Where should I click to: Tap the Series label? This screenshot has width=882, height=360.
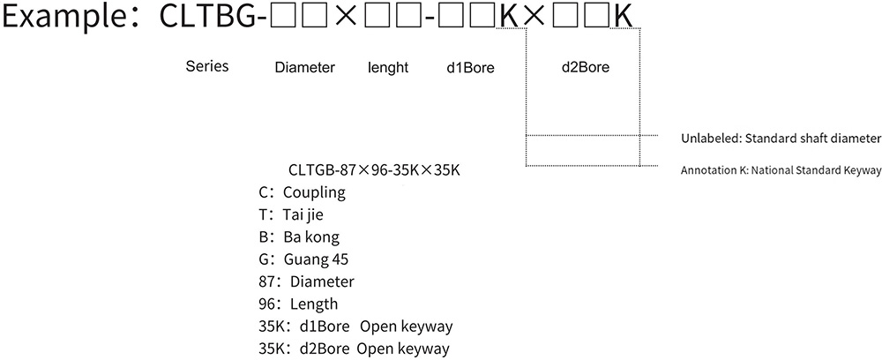pos(207,66)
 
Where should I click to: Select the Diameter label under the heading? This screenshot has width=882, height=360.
pos(304,67)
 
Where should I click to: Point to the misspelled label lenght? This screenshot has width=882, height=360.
pos(388,67)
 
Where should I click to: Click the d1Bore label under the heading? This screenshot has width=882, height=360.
pos(471,67)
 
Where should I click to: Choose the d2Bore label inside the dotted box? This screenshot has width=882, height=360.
pos(585,66)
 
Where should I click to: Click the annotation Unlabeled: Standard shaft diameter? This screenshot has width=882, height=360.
pos(781,139)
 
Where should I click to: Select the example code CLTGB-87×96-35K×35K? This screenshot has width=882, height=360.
pos(374,169)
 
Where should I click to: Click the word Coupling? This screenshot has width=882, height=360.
pos(315,191)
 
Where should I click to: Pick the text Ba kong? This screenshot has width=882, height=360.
pos(311,236)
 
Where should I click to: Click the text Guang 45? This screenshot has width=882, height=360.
pos(317,259)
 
